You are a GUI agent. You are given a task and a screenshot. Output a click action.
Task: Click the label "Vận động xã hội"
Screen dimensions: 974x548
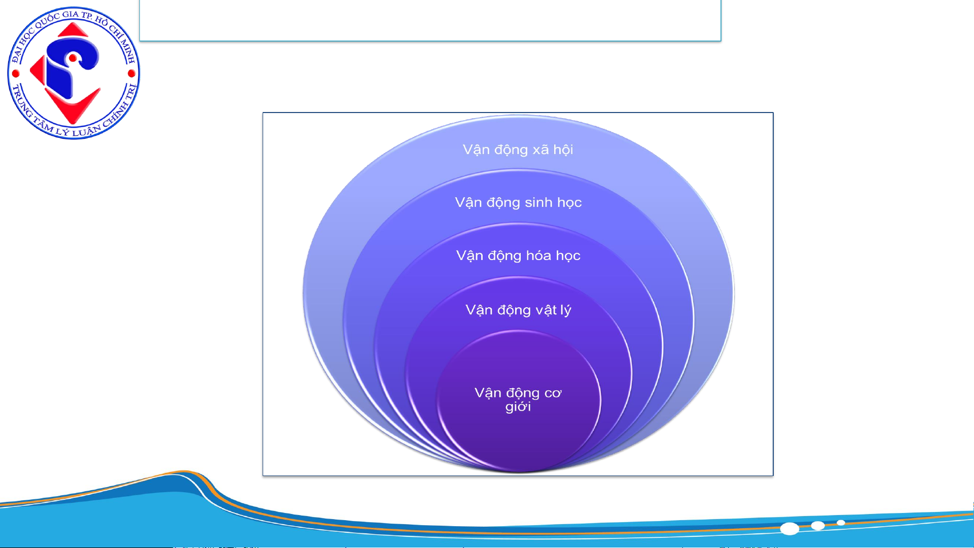click(518, 150)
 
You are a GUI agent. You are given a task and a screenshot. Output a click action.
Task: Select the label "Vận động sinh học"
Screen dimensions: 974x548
click(518, 203)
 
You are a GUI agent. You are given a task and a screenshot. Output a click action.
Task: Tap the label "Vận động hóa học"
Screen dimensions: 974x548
click(518, 256)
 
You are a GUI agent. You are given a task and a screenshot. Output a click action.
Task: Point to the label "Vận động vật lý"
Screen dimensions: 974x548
click(518, 310)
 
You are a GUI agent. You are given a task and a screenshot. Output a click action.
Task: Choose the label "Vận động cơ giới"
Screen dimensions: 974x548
click(518, 399)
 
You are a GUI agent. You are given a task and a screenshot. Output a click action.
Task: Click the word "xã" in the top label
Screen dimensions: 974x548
click(540, 150)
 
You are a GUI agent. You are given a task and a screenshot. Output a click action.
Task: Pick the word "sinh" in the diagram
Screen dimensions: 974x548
click(538, 202)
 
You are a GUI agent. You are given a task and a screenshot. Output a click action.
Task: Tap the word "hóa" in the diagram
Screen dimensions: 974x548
click(538, 255)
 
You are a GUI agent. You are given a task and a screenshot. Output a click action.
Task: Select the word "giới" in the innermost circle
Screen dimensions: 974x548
click(518, 407)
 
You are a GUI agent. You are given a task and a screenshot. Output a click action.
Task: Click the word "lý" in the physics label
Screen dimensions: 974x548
click(565, 310)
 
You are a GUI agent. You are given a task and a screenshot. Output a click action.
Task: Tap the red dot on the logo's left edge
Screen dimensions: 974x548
click(16, 74)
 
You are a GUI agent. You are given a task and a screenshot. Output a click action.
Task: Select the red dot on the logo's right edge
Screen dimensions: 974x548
click(131, 74)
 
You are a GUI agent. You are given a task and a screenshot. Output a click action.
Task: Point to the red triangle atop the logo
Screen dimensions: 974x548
click(73, 30)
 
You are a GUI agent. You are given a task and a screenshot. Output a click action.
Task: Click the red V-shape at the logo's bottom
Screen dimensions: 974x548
click(73, 106)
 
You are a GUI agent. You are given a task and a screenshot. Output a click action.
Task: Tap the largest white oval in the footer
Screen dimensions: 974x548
click(789, 529)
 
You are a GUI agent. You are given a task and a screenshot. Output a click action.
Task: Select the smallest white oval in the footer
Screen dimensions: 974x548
click(841, 523)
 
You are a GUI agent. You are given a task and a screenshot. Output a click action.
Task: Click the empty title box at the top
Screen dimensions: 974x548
click(430, 20)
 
